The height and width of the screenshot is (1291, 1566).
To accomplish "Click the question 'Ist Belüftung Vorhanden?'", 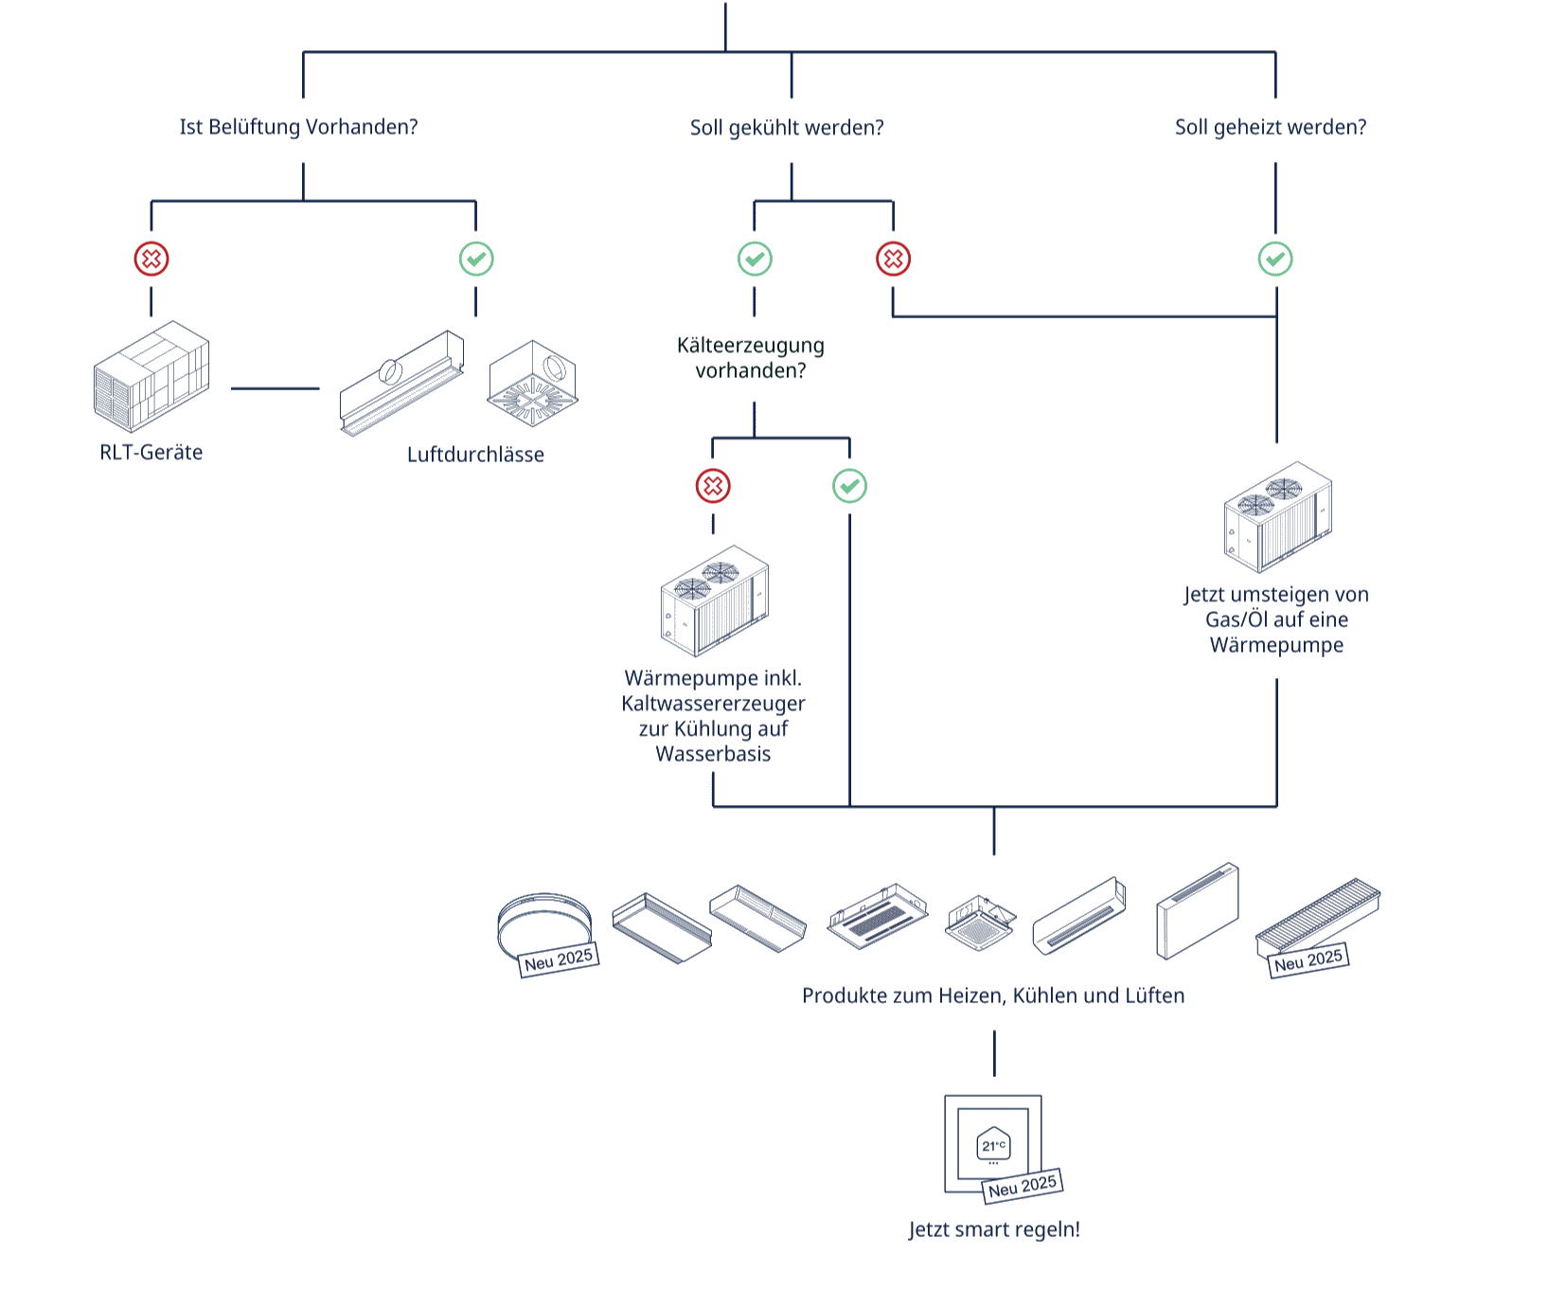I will click(x=298, y=127).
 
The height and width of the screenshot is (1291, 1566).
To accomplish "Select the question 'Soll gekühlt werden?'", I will click(x=787, y=127).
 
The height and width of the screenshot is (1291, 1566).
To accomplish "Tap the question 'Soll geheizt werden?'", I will click(x=1271, y=127).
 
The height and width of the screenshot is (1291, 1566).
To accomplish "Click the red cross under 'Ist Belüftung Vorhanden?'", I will click(x=151, y=259).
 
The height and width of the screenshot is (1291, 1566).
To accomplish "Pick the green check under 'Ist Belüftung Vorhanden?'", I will click(x=476, y=259).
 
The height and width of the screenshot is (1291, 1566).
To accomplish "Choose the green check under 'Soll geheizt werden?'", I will click(x=1275, y=259).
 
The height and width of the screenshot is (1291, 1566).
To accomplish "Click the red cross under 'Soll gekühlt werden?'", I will click(x=893, y=259).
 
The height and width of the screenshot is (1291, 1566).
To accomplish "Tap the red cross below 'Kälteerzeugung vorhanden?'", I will click(x=713, y=486).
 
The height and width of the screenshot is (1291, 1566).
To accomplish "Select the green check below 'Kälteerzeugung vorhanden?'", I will click(x=849, y=486).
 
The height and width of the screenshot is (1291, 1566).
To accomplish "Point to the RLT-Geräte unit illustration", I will click(x=151, y=376).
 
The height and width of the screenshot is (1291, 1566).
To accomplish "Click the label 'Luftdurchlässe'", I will click(x=475, y=454).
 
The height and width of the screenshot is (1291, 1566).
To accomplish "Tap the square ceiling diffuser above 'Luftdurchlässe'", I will click(x=531, y=383).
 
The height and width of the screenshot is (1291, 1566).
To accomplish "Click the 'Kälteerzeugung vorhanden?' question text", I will click(x=751, y=357).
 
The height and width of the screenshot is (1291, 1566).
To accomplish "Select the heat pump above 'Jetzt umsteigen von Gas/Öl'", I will click(x=1277, y=517).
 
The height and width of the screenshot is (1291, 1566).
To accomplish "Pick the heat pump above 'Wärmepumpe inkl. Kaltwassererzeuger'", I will click(x=714, y=601).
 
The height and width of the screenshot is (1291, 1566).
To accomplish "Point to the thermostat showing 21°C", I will click(x=993, y=1144).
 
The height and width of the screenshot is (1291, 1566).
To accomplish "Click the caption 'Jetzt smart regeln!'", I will click(x=994, y=1229).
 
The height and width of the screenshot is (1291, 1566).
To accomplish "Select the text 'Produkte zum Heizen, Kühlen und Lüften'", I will click(x=993, y=995).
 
